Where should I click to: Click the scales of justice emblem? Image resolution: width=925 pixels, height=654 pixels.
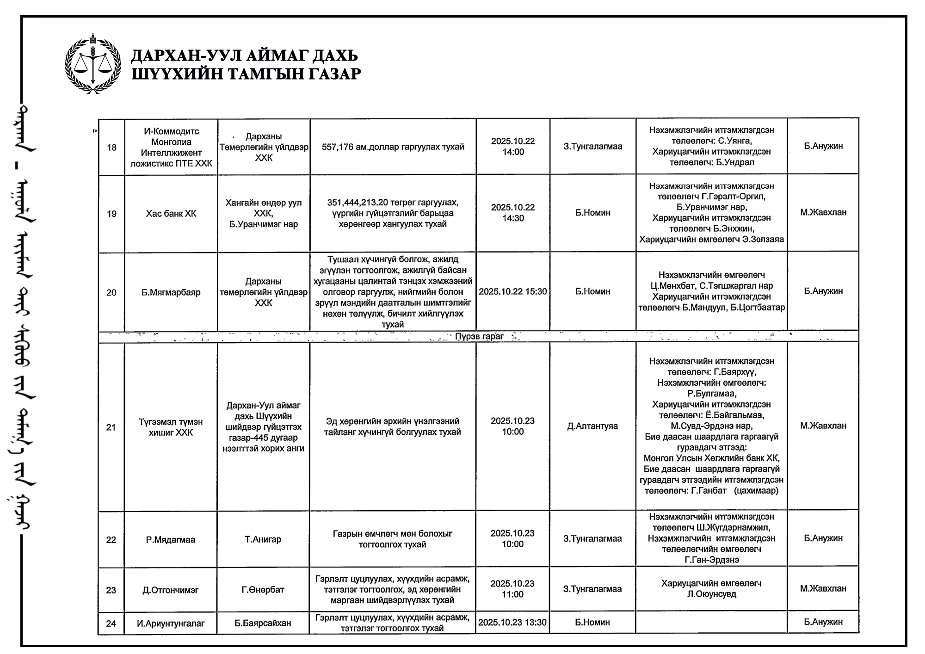tap(93, 63)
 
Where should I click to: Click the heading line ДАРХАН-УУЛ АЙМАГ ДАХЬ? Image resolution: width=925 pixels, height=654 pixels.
tap(244, 56)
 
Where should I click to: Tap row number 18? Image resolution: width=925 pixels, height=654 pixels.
tap(111, 148)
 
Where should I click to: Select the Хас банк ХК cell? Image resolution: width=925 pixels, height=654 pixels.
tap(171, 213)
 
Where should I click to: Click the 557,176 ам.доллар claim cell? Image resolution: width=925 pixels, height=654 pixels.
tap(393, 147)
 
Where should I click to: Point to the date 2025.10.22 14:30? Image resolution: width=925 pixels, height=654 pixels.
tap(513, 213)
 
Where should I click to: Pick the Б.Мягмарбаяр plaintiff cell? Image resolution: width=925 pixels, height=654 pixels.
tap(171, 292)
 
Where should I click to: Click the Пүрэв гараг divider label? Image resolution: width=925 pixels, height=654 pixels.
tap(479, 336)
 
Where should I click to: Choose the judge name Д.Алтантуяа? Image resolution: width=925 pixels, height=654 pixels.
tap(592, 426)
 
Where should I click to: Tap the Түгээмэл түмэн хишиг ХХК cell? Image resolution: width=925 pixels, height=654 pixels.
tap(171, 427)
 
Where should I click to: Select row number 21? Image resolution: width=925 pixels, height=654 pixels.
tap(111, 427)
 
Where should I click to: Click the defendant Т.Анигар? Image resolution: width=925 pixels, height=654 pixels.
tap(263, 539)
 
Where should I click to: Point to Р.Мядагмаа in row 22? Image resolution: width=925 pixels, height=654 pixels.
tap(171, 540)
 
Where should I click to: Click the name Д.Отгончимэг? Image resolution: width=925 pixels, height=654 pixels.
tap(171, 590)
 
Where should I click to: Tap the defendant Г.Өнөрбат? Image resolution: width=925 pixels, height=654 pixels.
tap(263, 590)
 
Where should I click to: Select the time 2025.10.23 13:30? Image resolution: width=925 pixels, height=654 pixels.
tap(512, 623)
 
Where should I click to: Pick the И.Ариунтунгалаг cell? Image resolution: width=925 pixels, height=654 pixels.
tap(171, 623)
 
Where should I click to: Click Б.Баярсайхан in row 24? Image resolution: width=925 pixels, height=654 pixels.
tap(263, 623)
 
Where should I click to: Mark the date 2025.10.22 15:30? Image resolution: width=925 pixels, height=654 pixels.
tap(513, 291)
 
